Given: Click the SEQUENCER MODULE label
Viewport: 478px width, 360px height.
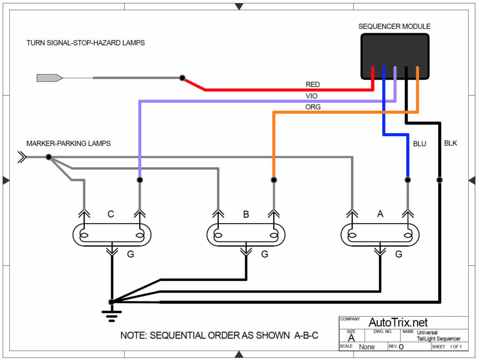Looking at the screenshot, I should point(394,27).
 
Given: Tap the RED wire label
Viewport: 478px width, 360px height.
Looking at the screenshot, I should point(313,85).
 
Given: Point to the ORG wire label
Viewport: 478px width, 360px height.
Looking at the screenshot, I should point(313,107).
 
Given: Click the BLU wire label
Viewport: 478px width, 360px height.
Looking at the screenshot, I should point(420,144).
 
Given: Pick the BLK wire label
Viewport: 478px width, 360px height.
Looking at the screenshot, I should point(450,143).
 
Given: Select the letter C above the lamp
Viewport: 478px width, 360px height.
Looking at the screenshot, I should point(111,214).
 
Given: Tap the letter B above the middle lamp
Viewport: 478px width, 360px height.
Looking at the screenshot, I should point(246,214).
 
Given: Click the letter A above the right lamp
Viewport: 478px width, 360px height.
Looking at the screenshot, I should point(380,214).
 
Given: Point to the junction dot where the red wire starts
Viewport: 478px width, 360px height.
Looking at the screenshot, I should point(183,78).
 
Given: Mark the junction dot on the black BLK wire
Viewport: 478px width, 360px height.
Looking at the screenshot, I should point(439,180).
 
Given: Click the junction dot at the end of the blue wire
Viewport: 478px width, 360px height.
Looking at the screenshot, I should point(408,180).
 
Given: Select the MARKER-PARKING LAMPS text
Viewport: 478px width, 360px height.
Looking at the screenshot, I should point(69,143).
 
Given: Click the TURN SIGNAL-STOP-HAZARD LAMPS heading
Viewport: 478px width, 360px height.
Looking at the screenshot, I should point(85,43).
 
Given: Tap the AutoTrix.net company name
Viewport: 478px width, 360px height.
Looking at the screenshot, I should point(398,322).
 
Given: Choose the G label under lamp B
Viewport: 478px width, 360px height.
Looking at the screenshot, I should point(265,254).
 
